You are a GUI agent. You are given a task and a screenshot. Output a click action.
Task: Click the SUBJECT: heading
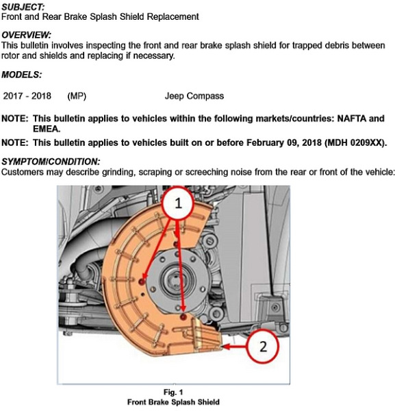click(x=23, y=7)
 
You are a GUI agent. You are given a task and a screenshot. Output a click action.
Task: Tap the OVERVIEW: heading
click(x=26, y=35)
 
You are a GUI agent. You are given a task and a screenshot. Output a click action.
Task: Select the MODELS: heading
click(x=21, y=75)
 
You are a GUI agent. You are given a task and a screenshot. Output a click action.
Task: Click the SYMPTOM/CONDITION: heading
click(x=51, y=162)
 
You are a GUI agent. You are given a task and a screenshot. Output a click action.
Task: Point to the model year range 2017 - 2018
click(x=27, y=96)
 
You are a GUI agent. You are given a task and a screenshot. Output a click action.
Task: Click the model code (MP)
click(x=77, y=96)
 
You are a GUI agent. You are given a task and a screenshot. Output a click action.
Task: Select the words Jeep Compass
click(x=194, y=96)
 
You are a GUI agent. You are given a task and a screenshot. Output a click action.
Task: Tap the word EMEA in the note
click(x=46, y=129)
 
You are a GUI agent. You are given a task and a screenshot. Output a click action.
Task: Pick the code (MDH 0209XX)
click(x=355, y=143)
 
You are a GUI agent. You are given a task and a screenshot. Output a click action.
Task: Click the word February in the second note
click(x=265, y=143)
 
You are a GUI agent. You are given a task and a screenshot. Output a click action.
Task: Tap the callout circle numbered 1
click(x=179, y=203)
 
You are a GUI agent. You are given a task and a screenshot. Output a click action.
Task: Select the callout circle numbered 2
click(x=263, y=346)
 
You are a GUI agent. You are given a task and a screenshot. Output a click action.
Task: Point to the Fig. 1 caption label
click(x=173, y=392)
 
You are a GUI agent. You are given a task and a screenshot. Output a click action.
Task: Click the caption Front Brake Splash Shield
click(x=173, y=402)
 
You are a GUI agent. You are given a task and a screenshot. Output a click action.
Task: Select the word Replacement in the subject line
click(x=173, y=16)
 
